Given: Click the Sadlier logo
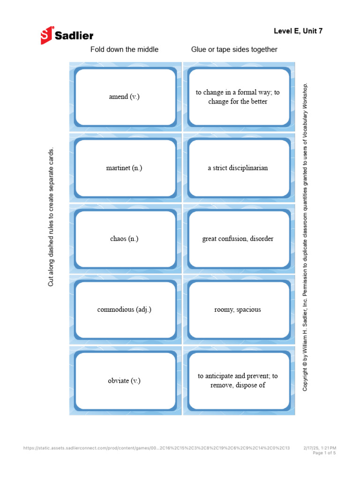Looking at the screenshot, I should click(67, 35).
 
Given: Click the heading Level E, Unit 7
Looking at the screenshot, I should click(298, 31).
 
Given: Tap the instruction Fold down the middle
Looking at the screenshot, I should click(124, 49).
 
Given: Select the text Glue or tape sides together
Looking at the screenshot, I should click(234, 49).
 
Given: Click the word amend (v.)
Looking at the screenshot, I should click(124, 97).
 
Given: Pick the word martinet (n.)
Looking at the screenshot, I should click(124, 168).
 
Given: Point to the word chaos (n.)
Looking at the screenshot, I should click(124, 239).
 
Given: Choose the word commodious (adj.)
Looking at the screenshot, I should click(124, 309).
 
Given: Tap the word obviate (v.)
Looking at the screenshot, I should click(124, 381).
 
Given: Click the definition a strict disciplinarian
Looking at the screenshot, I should click(238, 168).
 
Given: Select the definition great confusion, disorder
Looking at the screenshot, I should click(238, 239).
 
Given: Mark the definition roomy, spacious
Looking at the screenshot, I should click(238, 309).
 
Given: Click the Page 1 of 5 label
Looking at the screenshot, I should click(324, 453).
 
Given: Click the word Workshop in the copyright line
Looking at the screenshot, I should click(305, 96).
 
